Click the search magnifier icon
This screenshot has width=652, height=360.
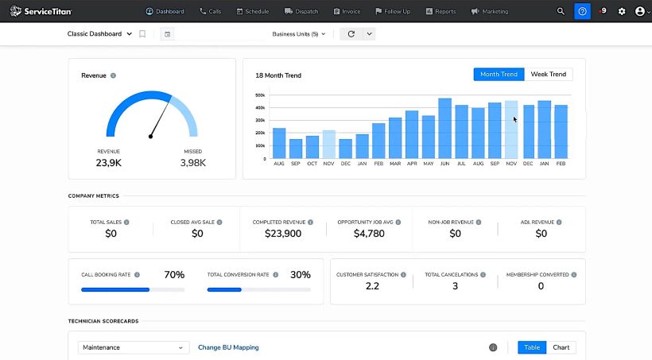(561, 11)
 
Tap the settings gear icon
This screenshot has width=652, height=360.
(622, 11)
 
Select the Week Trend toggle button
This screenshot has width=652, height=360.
(549, 74)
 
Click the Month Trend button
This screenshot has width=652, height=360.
(499, 74)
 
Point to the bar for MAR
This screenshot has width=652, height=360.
(395, 138)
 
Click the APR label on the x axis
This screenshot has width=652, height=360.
(412, 163)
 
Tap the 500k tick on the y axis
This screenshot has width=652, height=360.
(260, 95)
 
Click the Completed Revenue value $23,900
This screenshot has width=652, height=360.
(282, 234)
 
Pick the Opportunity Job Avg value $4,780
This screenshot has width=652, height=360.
(369, 234)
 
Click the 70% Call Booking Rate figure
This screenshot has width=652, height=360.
(174, 275)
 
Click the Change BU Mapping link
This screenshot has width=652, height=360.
(228, 347)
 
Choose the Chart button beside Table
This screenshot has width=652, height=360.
(561, 347)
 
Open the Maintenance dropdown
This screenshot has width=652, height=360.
(134, 347)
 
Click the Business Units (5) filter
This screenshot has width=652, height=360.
(298, 34)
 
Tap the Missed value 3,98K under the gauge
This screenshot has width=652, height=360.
(192, 162)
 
